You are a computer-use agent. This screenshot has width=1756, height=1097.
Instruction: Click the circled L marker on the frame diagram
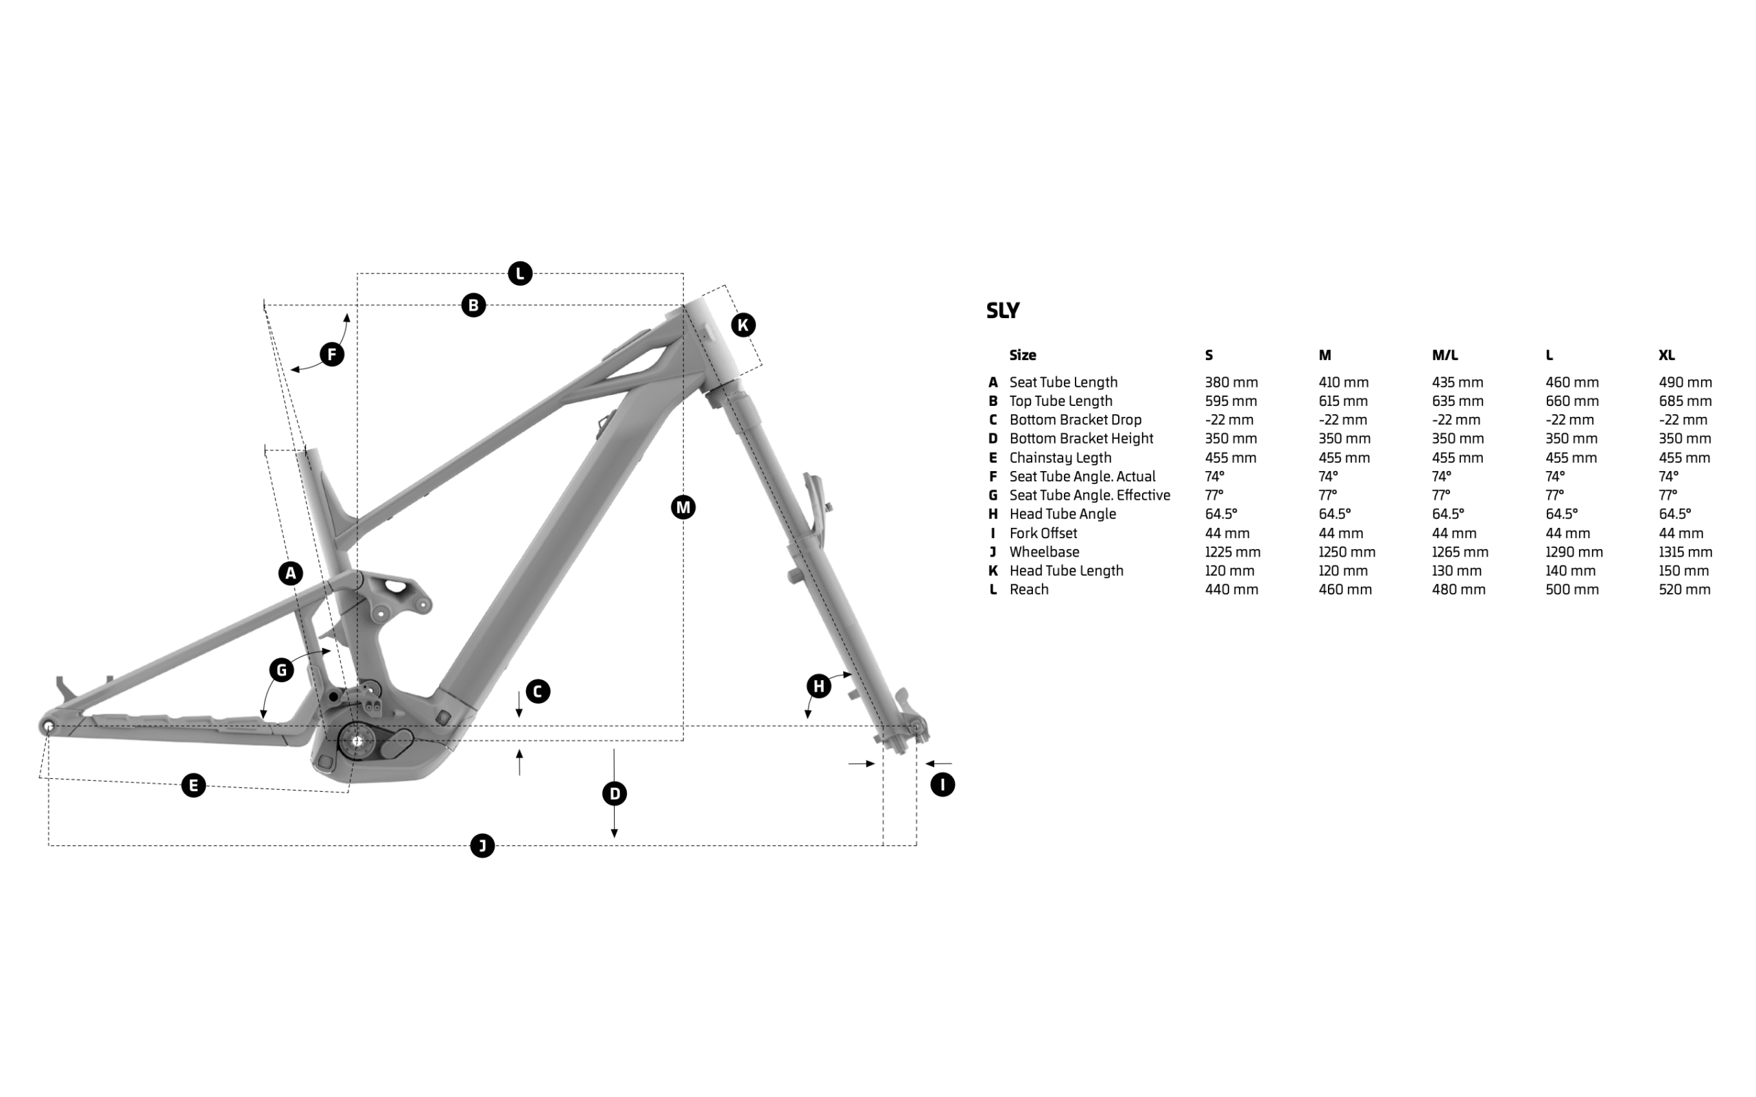pyautogui.click(x=519, y=274)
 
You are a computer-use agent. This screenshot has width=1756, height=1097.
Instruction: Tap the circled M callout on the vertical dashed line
pyautogui.click(x=683, y=507)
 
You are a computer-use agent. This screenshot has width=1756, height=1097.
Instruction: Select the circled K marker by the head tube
pyautogui.click(x=743, y=325)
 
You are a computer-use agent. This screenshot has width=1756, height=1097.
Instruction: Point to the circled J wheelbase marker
pyautogui.click(x=482, y=845)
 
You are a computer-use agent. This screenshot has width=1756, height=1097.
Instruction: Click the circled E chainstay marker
pyautogui.click(x=193, y=785)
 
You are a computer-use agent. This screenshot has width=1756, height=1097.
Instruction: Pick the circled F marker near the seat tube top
pyautogui.click(x=331, y=354)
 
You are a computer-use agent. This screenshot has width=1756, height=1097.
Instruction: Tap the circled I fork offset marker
pyautogui.click(x=942, y=784)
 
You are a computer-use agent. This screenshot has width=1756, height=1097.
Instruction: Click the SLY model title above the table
pyautogui.click(x=1003, y=311)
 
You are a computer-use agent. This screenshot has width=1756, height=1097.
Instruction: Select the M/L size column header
pyautogui.click(x=1445, y=354)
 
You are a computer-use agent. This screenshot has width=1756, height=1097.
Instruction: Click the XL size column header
pyautogui.click(x=1666, y=354)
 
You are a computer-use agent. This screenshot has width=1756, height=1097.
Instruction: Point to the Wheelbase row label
pyautogui.click(x=1044, y=551)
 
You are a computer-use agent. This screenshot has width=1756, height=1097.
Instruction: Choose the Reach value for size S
pyautogui.click(x=1231, y=589)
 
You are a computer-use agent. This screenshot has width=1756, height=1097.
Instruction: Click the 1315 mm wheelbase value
pyautogui.click(x=1685, y=551)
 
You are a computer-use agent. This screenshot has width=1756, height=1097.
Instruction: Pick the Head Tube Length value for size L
pyautogui.click(x=1570, y=570)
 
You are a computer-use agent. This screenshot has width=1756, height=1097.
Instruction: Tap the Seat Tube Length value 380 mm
pyautogui.click(x=1231, y=382)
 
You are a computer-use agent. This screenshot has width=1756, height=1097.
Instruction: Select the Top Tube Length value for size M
pyautogui.click(x=1344, y=400)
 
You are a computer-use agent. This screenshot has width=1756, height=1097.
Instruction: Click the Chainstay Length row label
pyautogui.click(x=1060, y=457)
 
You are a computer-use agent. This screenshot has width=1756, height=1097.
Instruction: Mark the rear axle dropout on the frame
pyautogui.click(x=49, y=725)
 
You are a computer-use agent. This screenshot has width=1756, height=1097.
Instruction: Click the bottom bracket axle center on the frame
pyautogui.click(x=356, y=740)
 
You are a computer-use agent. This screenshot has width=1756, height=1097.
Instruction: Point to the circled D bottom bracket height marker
pyautogui.click(x=615, y=793)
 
